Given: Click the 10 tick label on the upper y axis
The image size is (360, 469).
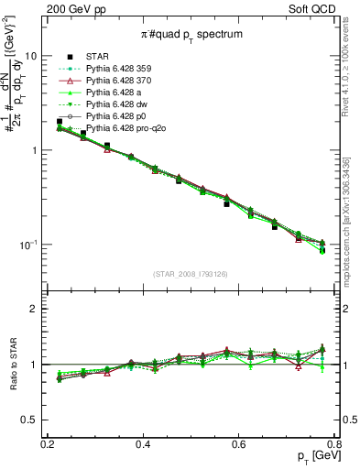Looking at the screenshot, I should tap(30, 56).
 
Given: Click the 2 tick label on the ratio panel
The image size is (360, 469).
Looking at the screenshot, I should tap(33, 309).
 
